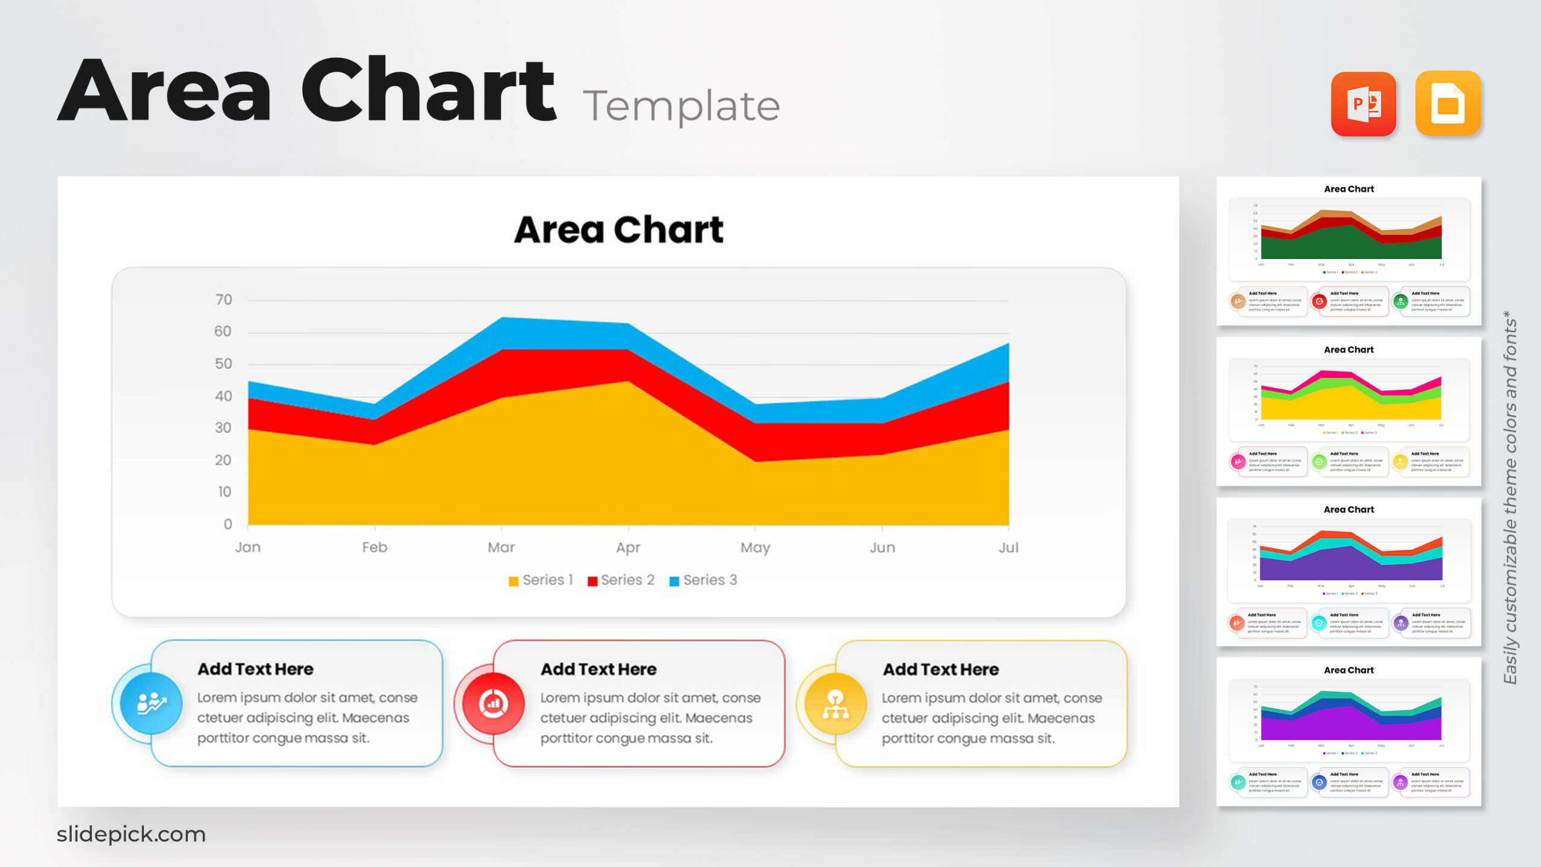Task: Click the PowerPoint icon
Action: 1363,104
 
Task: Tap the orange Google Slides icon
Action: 1448,104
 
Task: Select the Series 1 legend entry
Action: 541,580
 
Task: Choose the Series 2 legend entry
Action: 621,580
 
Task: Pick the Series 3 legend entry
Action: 703,580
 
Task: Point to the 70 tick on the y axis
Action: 223,300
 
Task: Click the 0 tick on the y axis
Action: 228,524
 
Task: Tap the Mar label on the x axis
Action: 501,547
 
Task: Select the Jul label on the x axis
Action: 1008,547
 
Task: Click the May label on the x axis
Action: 755,547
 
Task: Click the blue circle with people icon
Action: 150,703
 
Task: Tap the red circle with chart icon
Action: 493,703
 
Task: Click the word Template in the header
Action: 681,106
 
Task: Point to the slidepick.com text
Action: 131,834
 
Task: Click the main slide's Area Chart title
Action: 618,229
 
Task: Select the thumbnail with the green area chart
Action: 1348,251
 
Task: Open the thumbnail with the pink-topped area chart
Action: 1348,411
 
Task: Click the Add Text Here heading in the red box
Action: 598,669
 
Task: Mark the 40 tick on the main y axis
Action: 223,396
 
